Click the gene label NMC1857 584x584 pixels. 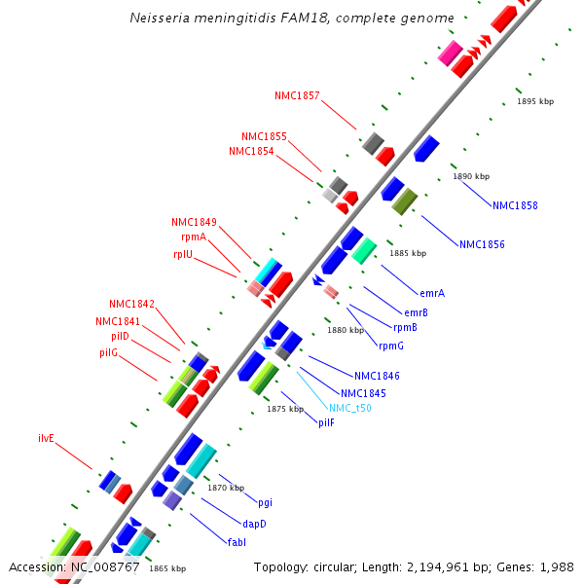(x=297, y=95)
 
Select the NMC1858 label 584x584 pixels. (x=515, y=205)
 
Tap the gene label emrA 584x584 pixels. (x=432, y=293)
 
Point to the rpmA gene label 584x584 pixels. (x=193, y=237)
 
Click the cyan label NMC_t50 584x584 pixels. (x=350, y=408)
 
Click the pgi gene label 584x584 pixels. (x=265, y=502)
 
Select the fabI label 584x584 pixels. (x=237, y=540)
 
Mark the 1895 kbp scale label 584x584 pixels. (x=534, y=101)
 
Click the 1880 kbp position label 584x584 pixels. (x=345, y=330)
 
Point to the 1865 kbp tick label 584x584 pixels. (x=167, y=568)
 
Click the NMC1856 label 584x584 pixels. (x=482, y=244)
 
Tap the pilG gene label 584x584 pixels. (x=108, y=351)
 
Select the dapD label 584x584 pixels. (x=254, y=523)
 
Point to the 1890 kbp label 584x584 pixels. (x=471, y=176)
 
